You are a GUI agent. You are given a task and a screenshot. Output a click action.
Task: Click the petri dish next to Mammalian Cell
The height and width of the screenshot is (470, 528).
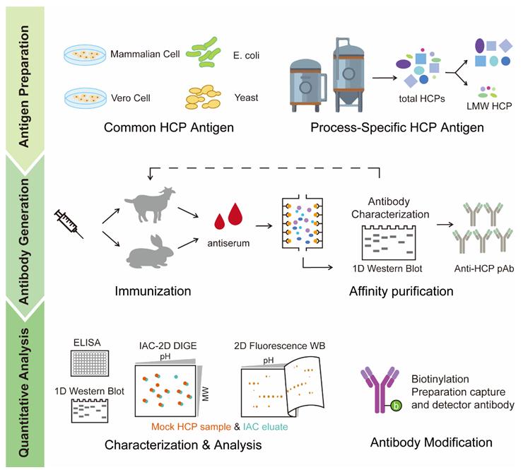point(85,54)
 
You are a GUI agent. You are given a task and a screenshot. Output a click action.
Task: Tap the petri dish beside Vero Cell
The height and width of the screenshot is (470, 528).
point(85,97)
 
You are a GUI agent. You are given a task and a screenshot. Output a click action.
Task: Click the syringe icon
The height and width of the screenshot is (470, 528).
point(71,222)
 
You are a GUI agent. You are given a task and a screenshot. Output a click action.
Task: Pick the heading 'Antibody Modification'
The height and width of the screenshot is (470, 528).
point(431,443)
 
